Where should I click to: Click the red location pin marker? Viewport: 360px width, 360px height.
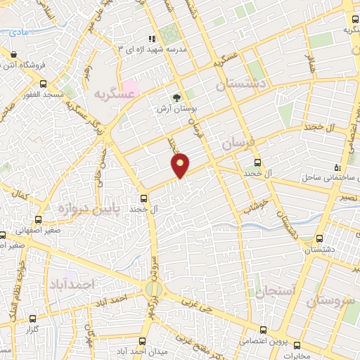pyautogui.click(x=181, y=165)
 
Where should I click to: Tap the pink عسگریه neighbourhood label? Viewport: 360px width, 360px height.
pyautogui.click(x=114, y=93)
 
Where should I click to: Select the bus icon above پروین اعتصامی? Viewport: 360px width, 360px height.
pyautogui.click(x=263, y=330)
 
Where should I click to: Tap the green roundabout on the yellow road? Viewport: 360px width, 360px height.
pyautogui.click(x=153, y=290)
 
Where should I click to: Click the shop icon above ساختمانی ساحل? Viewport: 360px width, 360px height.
pyautogui.click(x=337, y=167)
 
